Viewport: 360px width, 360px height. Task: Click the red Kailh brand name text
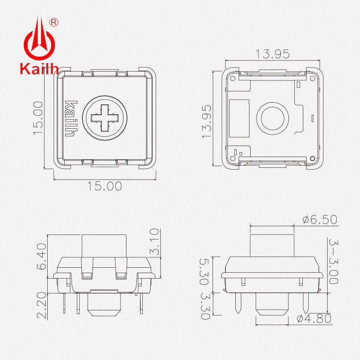[x=39, y=69]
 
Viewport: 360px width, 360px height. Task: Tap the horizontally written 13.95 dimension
[x=272, y=54]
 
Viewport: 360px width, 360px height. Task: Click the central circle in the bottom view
[x=272, y=117]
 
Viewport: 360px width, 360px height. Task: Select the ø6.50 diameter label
[x=319, y=220]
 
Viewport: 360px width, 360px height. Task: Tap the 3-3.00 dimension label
[x=333, y=261]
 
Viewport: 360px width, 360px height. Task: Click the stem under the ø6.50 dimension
[x=272, y=246]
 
